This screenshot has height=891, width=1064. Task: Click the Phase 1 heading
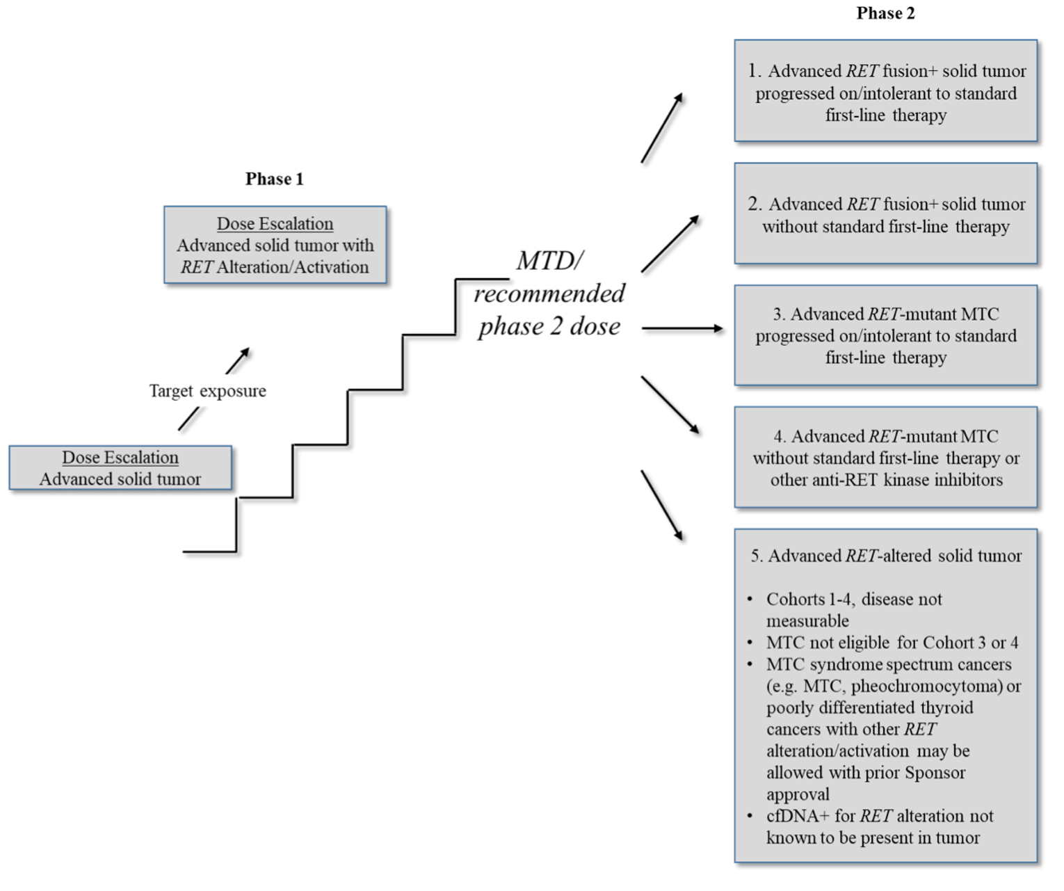tap(274, 179)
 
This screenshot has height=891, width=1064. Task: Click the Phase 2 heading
tap(885, 13)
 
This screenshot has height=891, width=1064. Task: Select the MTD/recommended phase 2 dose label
tap(549, 294)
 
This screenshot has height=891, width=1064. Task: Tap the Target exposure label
tap(207, 391)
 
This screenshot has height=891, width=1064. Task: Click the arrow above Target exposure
tap(238, 360)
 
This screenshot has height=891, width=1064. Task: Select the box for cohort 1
tap(885, 92)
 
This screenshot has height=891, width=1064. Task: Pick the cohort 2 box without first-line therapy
tap(885, 214)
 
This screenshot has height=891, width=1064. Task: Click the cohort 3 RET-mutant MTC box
tap(885, 335)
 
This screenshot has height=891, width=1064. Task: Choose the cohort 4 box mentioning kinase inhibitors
tap(885, 458)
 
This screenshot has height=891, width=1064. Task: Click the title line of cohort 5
tap(885, 556)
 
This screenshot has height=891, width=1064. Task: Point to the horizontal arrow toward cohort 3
tap(682, 328)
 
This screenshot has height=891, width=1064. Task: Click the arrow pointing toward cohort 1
tap(662, 128)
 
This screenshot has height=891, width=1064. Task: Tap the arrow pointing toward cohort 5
tap(662, 505)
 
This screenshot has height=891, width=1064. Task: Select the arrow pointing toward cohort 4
tap(670, 405)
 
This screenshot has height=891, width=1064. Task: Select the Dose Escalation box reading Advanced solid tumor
tap(120, 468)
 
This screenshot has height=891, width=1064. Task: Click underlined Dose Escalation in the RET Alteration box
tap(275, 224)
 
